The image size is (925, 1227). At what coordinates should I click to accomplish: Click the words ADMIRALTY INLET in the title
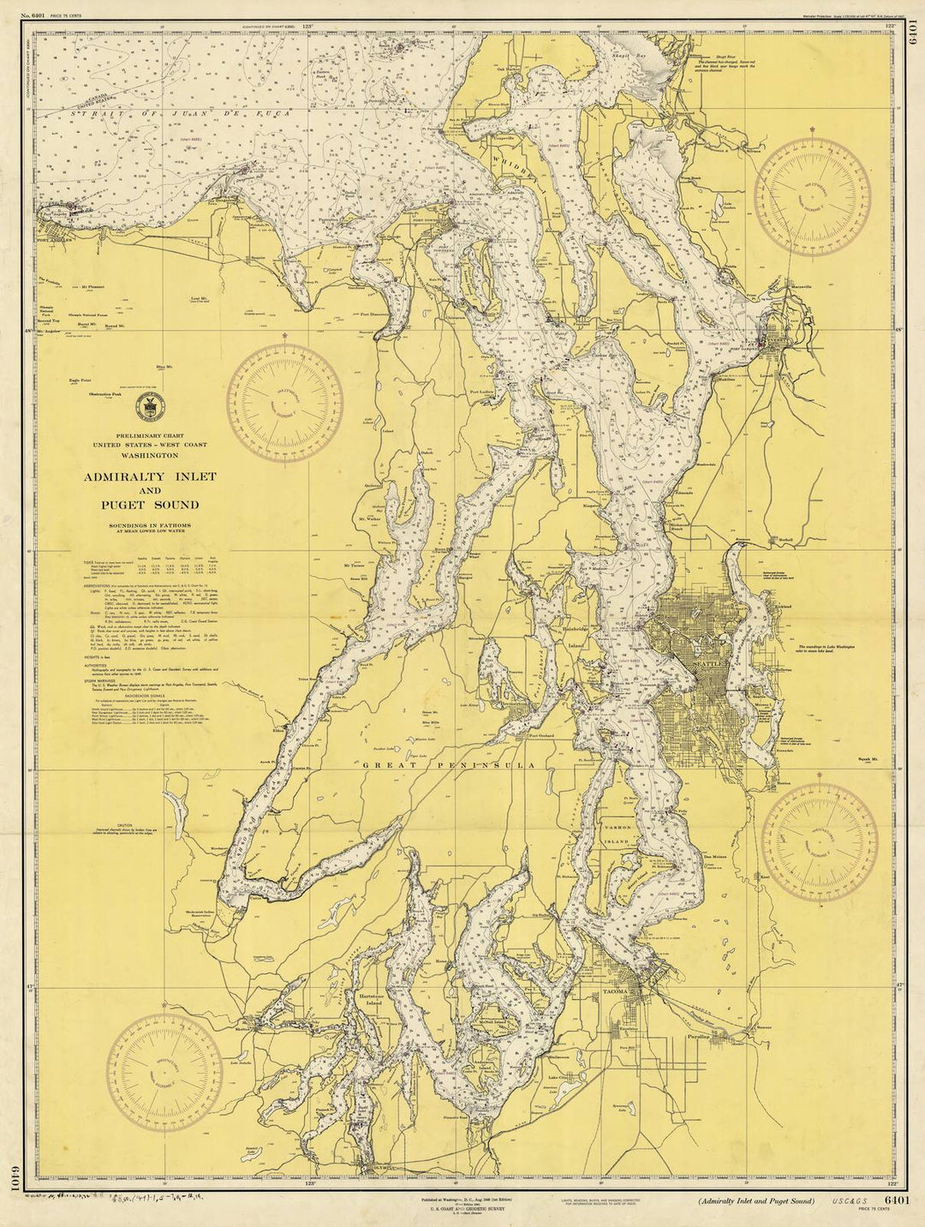click(x=149, y=476)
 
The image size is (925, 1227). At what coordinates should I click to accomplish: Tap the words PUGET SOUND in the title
click(x=149, y=505)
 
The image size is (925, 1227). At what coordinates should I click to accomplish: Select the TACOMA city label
click(x=618, y=991)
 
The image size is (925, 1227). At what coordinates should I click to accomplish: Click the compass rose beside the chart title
click(x=290, y=398)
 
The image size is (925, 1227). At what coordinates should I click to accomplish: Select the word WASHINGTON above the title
click(x=149, y=457)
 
